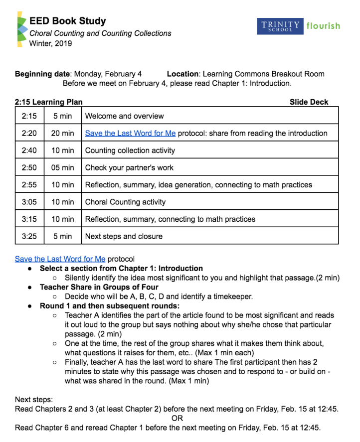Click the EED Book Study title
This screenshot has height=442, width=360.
68,21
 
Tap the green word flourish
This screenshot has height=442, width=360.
323,25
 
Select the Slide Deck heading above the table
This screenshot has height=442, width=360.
309,102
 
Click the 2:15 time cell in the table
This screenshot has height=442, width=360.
29,116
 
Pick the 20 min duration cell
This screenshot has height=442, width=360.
62,133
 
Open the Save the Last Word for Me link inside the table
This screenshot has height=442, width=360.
130,133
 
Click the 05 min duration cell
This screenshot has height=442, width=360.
62,167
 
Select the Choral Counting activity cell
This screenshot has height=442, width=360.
125,202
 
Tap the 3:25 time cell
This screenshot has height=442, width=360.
29,236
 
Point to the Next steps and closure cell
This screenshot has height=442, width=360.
124,236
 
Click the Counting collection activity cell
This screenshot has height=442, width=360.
130,150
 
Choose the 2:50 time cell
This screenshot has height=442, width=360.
29,167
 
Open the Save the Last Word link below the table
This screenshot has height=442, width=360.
60,259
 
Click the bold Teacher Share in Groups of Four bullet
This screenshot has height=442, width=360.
99,287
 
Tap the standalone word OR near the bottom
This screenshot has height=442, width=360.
177,419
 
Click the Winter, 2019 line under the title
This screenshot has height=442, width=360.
50,43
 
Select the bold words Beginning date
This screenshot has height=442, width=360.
42,74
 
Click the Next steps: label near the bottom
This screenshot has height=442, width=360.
34,400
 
